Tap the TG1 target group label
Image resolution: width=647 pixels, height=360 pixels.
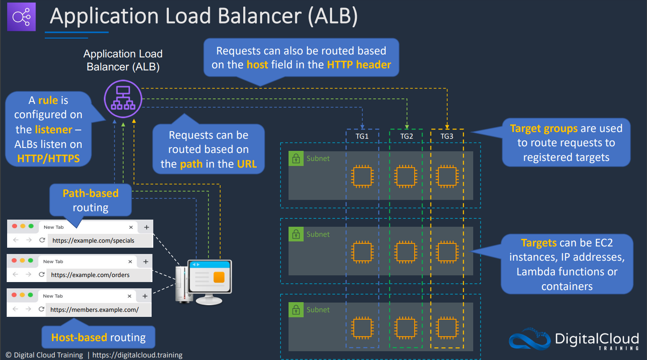pyautogui.click(x=362, y=136)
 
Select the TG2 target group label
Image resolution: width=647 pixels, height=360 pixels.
pyautogui.click(x=406, y=136)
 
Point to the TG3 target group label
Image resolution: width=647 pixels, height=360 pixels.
pyautogui.click(x=446, y=136)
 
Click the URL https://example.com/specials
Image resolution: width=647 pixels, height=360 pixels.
pyautogui.click(x=93, y=241)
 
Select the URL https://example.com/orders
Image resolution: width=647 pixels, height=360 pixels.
pyautogui.click(x=90, y=275)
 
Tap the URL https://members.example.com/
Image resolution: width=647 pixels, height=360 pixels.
pyautogui.click(x=95, y=310)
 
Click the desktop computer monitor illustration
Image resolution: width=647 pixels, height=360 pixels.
pyautogui.click(x=210, y=282)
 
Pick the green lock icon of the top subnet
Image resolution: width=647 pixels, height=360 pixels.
pyautogui.click(x=296, y=158)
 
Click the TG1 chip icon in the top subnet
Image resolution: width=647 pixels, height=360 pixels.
pyautogui.click(x=362, y=176)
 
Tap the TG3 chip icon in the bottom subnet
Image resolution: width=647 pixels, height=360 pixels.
pyautogui.click(x=447, y=328)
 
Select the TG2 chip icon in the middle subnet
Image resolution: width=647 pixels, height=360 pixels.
pyautogui.click(x=405, y=252)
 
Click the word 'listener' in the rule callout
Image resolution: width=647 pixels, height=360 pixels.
pyautogui.click(x=54, y=129)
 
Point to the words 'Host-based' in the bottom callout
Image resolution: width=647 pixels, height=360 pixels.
pyautogui.click(x=79, y=337)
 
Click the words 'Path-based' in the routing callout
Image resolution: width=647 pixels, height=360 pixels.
pyautogui.click(x=90, y=193)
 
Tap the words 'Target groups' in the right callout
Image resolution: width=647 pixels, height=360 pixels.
pyautogui.click(x=544, y=128)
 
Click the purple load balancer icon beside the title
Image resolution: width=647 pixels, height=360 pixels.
pyautogui.click(x=21, y=17)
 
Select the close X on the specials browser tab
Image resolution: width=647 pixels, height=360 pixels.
pyautogui.click(x=131, y=227)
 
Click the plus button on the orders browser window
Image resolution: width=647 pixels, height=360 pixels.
pyautogui.click(x=146, y=262)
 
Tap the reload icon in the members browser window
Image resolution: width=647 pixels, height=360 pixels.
pyautogui.click(x=41, y=309)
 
